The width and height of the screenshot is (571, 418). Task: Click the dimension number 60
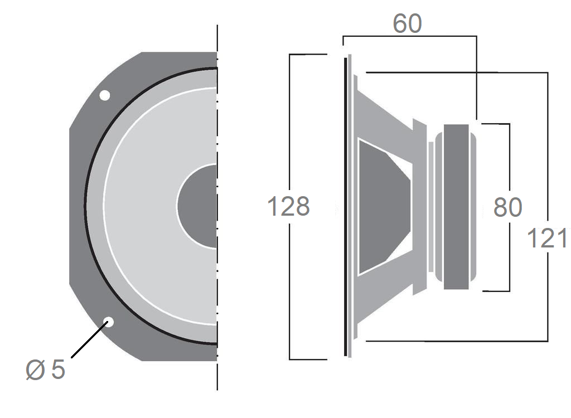[408, 23]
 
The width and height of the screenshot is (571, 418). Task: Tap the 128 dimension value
[289, 206]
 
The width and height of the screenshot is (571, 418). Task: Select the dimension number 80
[507, 207]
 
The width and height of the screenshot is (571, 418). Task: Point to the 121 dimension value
[547, 239]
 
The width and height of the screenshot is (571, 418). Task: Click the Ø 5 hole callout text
[46, 370]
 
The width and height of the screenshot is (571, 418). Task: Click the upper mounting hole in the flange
[104, 95]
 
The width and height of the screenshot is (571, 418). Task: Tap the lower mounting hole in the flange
[109, 322]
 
